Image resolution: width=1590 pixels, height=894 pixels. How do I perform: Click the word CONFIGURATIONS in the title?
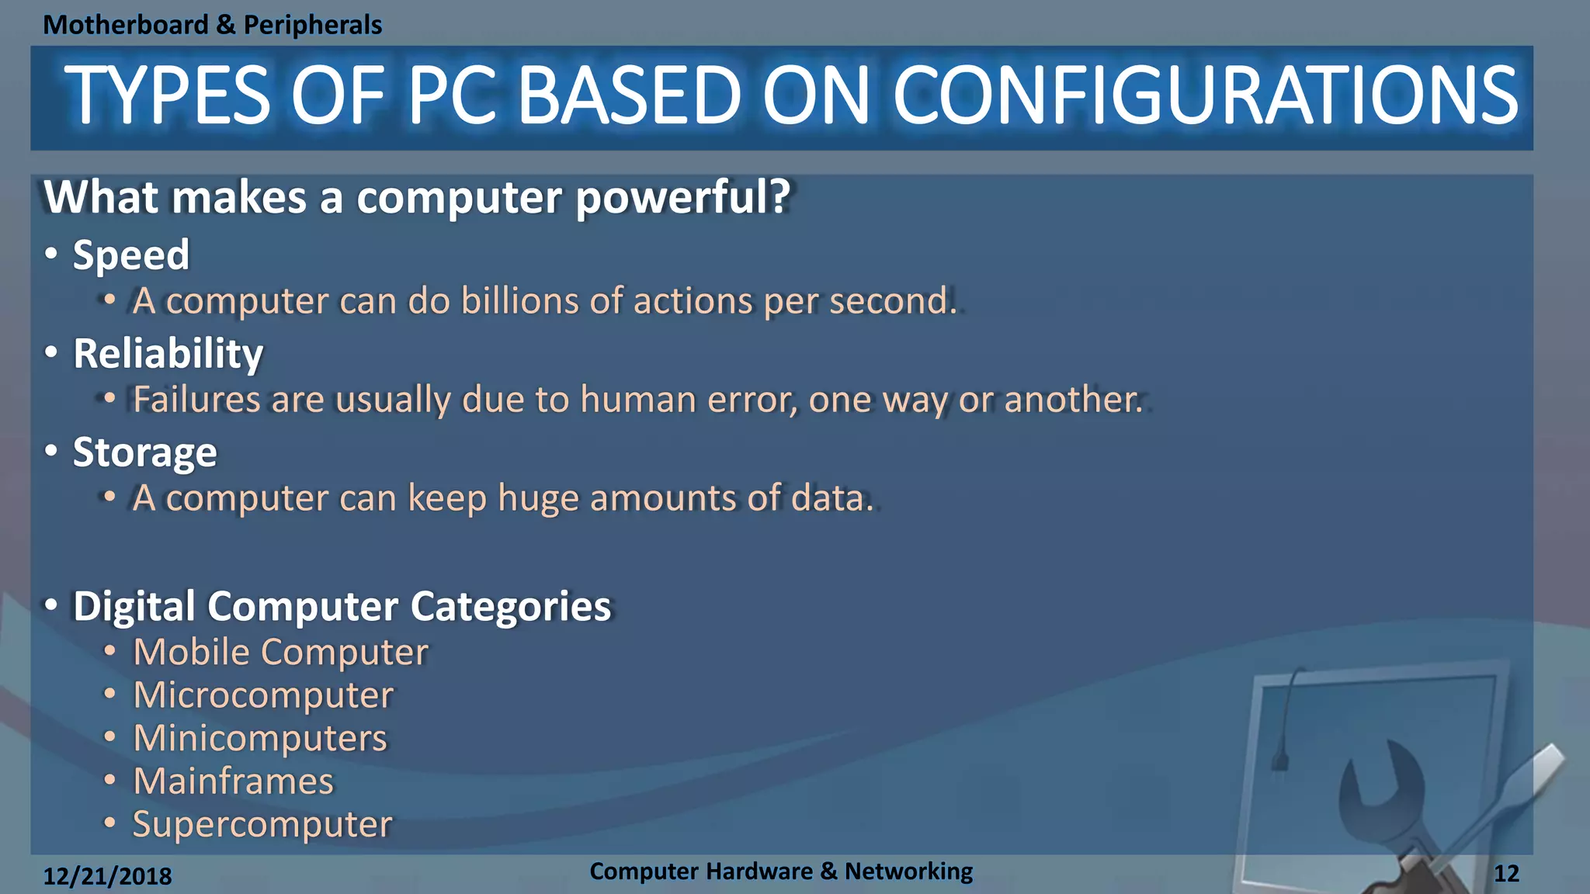(1205, 96)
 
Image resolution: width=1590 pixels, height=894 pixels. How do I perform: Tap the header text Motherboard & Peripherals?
(212, 25)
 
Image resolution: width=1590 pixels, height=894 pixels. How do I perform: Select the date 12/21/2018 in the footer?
(107, 876)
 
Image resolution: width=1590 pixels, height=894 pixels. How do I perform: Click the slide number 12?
(1506, 874)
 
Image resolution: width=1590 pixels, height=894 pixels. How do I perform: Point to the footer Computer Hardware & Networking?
(780, 871)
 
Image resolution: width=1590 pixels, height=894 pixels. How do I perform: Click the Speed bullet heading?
(130, 255)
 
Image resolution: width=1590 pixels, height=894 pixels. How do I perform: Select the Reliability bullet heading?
(168, 354)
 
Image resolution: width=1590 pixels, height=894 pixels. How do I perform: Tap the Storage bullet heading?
(144, 452)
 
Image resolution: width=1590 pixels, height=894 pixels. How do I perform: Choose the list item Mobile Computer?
(280, 652)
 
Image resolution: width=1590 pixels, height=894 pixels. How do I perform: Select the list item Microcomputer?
(263, 695)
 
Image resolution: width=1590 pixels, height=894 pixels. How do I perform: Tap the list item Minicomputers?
(259, 738)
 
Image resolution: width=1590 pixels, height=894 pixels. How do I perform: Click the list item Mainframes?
(233, 781)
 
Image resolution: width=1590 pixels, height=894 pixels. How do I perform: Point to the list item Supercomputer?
(262, 824)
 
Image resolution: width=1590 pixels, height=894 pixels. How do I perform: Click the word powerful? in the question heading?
(682, 197)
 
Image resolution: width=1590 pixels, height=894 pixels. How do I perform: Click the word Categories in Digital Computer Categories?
(510, 606)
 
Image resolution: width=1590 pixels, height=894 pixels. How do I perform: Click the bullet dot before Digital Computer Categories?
(51, 605)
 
